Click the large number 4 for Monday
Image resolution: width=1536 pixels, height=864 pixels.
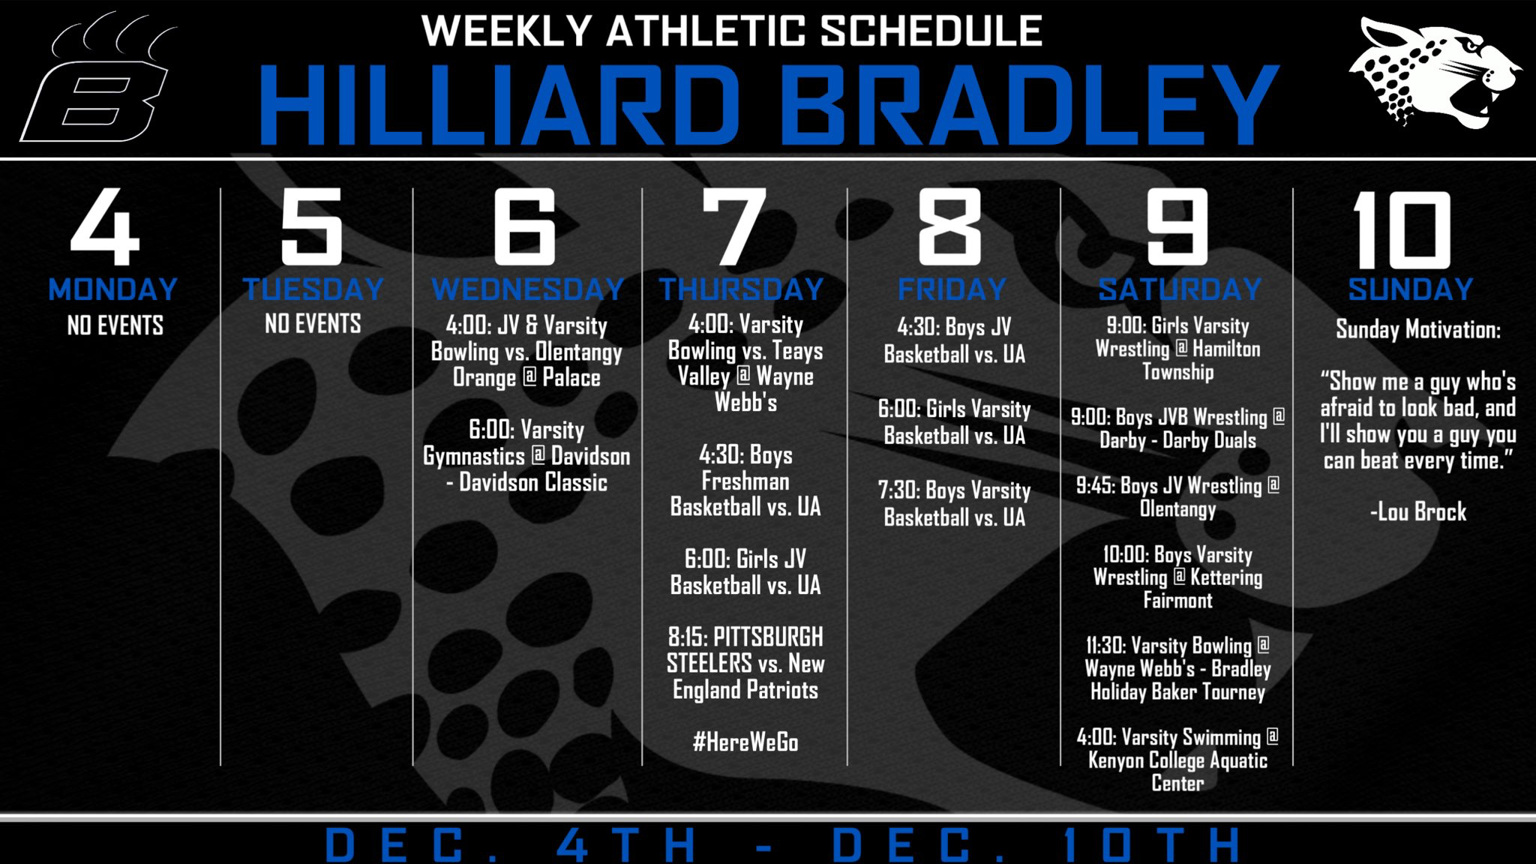[105, 226]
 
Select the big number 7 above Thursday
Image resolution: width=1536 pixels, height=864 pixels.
[734, 226]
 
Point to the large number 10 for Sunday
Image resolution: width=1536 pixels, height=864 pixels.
[1401, 229]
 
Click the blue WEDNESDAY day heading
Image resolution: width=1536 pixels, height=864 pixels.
[528, 289]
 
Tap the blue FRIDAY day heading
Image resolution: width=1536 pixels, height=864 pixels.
[952, 289]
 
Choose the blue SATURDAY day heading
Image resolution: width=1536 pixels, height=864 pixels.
[1180, 289]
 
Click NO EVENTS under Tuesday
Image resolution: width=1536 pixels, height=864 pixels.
[313, 323]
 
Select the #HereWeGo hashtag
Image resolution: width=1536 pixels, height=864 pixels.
[745, 742]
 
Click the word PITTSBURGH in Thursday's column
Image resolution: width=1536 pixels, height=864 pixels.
[768, 637]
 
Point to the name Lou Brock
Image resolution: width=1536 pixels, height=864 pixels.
[1422, 511]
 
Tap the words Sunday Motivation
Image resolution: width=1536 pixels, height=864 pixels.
[1418, 329]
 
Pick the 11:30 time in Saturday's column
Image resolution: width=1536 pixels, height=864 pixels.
[1105, 646]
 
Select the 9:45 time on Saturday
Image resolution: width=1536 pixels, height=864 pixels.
[1095, 485]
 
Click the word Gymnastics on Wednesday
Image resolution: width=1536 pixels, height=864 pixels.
[474, 457]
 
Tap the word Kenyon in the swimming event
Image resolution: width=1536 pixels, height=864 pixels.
[1114, 760]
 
